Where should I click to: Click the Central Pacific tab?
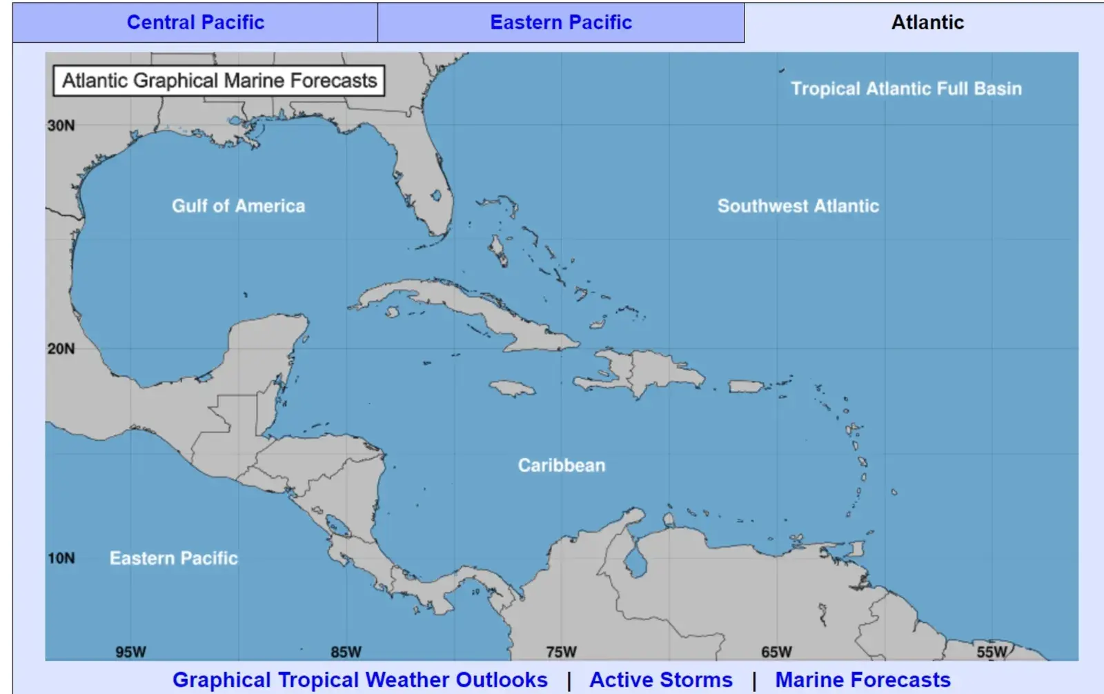(195, 22)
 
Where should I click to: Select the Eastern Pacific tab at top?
(561, 22)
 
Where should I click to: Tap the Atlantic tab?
(927, 22)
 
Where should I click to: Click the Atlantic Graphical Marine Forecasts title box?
(219, 81)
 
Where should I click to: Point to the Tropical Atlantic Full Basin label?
(906, 88)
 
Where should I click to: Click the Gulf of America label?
(238, 206)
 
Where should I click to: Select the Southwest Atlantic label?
(798, 206)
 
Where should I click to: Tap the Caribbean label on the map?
(562, 465)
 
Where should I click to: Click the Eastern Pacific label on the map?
(174, 558)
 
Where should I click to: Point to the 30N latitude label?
(61, 126)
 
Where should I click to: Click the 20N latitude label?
(61, 348)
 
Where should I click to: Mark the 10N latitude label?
(61, 558)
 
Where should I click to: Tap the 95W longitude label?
(130, 652)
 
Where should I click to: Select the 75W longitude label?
(561, 652)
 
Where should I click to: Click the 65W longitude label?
(776, 652)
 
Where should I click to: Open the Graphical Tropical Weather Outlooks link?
(360, 680)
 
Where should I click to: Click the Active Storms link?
(661, 680)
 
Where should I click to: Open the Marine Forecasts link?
(862, 680)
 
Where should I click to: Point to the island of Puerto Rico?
(745, 386)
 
